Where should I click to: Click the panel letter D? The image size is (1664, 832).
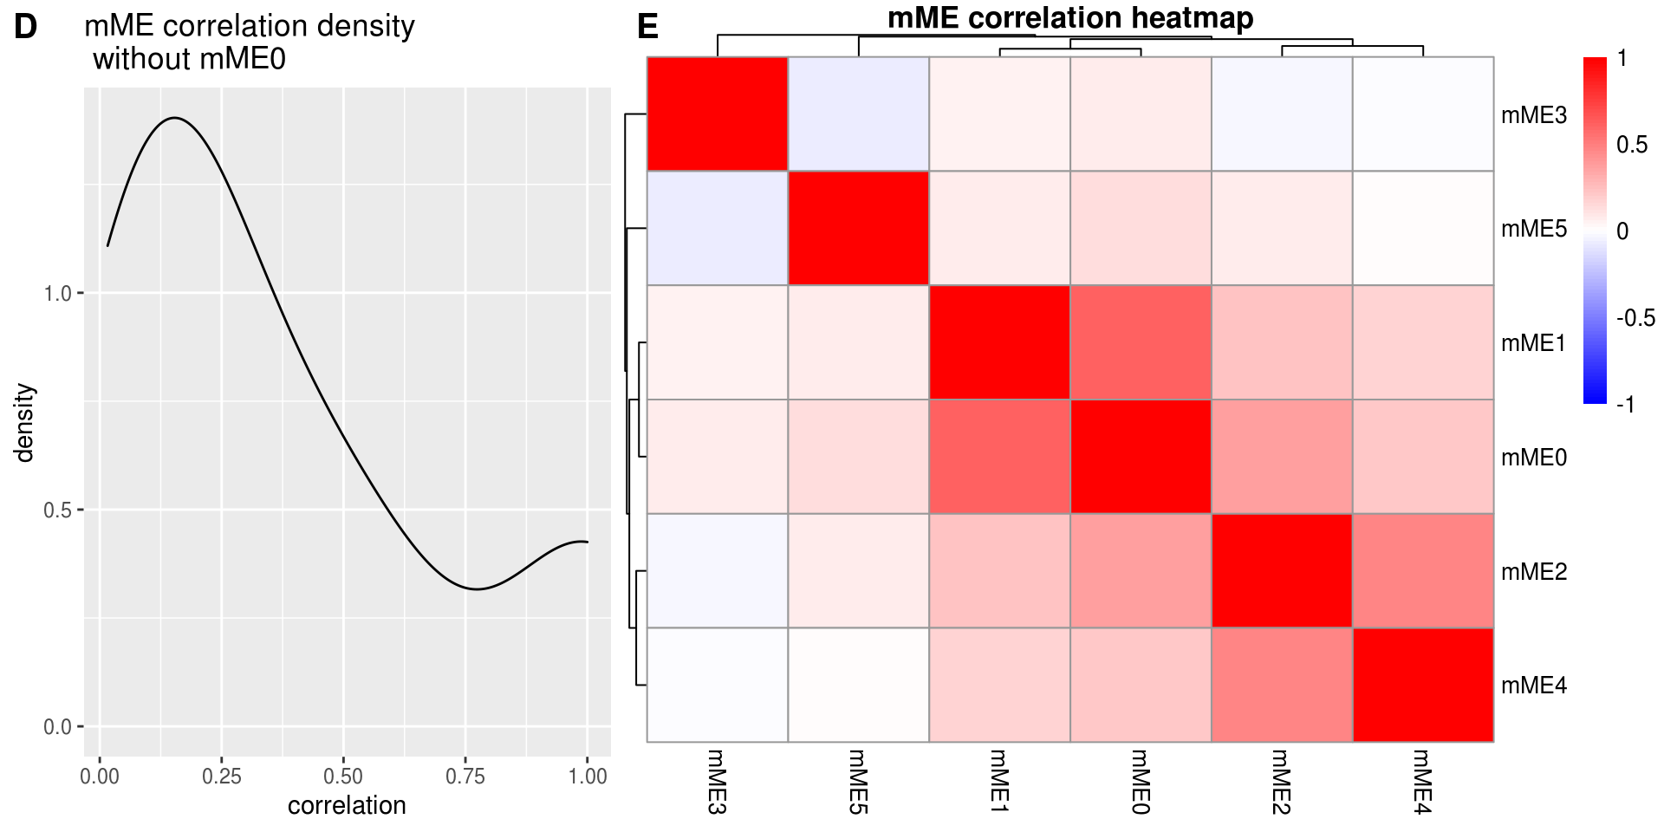[25, 28]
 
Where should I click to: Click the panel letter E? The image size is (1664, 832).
[647, 28]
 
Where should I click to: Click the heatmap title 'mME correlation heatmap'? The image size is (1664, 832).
[1069, 17]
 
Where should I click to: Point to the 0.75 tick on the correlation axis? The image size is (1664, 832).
[465, 776]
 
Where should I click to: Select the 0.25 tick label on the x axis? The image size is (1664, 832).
[221, 776]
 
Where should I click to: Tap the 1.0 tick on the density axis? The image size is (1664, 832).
[58, 293]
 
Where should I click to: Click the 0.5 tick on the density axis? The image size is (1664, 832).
[58, 510]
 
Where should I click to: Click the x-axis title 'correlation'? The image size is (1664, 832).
[347, 805]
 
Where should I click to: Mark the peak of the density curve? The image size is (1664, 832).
[175, 117]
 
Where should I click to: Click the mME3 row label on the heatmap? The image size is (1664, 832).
[1533, 115]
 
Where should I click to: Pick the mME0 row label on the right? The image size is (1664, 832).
[1533, 458]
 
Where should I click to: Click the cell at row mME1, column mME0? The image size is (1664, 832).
[1141, 342]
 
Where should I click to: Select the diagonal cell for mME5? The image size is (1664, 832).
[858, 228]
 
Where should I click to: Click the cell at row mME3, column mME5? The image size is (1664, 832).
[858, 114]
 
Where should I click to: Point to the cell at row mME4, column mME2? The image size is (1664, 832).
[1282, 685]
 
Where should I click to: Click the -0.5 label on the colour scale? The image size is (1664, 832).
[1635, 318]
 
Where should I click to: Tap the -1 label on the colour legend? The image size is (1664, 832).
[1625, 405]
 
